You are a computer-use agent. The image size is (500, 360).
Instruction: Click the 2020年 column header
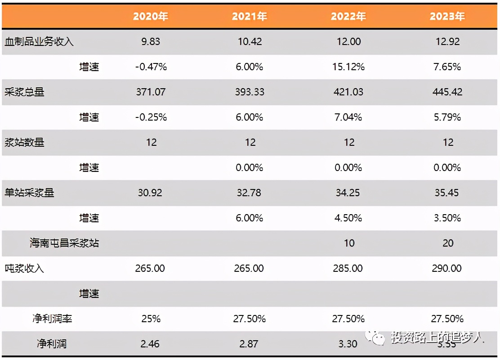coord(151,17)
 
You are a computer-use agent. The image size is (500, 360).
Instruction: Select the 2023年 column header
coord(447,17)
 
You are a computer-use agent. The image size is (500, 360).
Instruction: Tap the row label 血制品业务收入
coord(39,42)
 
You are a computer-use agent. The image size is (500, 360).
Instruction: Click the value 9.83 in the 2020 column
coord(151,42)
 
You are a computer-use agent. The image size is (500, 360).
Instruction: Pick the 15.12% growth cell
coord(348,67)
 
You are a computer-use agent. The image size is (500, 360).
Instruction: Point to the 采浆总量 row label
coord(24,92)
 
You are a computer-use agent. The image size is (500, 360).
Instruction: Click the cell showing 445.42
coord(447,92)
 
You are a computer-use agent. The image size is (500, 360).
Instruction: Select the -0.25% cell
coord(151,117)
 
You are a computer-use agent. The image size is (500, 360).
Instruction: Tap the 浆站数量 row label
coord(24,143)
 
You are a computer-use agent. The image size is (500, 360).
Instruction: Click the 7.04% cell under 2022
coord(348,117)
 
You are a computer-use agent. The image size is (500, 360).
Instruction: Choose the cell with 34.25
coord(348,193)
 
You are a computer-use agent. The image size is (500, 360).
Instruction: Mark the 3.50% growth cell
coord(447,218)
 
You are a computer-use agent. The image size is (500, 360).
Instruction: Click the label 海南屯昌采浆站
coord(64,243)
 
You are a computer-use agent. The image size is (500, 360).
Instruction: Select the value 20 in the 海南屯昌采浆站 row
coord(448,243)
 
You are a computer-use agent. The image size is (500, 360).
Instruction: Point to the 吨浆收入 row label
coord(24,269)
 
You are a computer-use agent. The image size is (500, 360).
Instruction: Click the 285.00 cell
coord(348,269)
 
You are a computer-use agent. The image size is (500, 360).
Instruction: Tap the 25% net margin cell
coord(151,319)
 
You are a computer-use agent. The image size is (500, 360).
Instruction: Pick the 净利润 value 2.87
coord(249,344)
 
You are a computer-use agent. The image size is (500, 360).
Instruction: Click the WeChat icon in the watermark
coord(375,337)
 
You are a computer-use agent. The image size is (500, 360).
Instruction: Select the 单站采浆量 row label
coord(29,193)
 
